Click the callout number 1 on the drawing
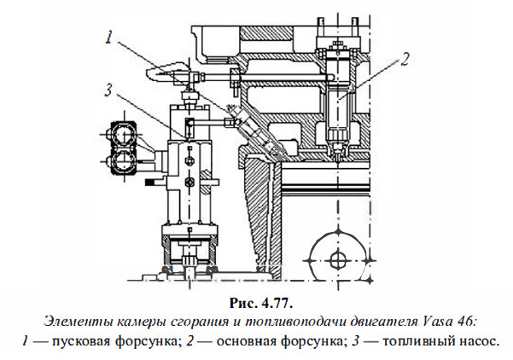click(111, 38)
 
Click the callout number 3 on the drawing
click(106, 87)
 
